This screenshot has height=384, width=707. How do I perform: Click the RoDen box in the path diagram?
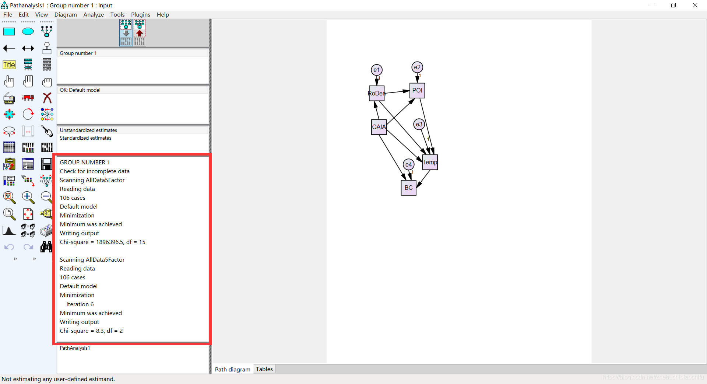coord(376,93)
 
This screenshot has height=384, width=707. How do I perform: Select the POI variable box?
coord(417,90)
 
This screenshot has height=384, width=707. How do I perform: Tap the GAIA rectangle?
coord(379,127)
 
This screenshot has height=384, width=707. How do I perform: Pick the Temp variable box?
coord(430,162)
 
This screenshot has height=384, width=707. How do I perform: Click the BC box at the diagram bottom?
coord(409,188)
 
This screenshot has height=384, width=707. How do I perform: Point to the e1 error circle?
coord(376,70)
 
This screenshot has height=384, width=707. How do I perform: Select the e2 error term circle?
coord(417,67)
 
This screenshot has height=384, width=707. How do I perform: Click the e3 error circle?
coord(419,124)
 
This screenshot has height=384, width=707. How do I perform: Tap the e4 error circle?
coord(409,164)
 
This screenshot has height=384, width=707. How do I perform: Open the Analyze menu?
coord(94,15)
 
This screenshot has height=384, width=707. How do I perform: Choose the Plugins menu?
coord(141,15)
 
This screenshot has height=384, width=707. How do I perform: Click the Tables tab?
coord(264,369)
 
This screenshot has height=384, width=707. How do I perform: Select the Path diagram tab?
coord(233,369)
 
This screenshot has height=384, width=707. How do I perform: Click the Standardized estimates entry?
coord(85,138)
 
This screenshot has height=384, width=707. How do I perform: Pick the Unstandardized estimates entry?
coord(88,130)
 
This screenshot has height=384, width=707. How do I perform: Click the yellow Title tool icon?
coord(9,65)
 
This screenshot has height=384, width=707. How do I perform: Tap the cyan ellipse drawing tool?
coord(28,32)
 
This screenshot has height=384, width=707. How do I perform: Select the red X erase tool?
coord(47,98)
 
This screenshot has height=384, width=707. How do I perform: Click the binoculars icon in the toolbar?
coord(46,247)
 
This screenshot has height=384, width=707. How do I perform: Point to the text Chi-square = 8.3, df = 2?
coord(91,331)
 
